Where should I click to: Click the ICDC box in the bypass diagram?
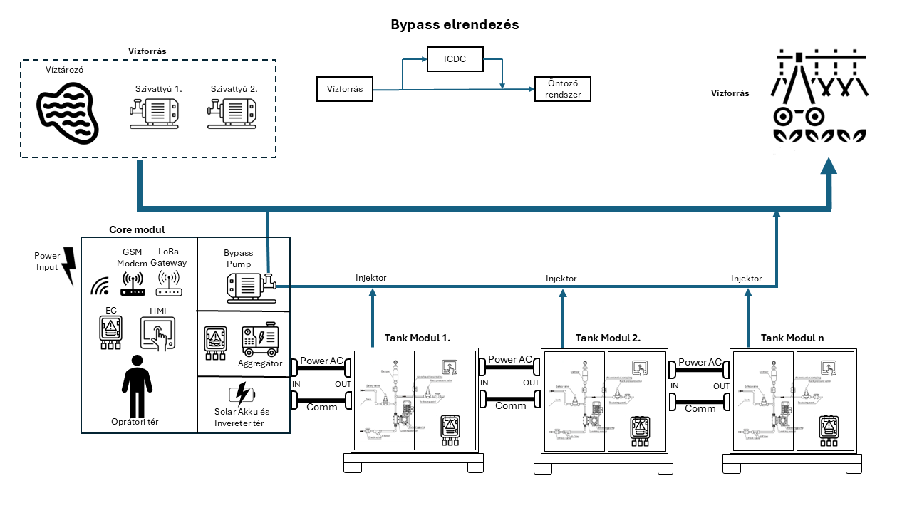(455, 58)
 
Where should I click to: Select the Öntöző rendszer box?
(562, 89)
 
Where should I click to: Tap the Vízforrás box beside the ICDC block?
(345, 89)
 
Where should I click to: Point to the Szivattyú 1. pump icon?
(155, 113)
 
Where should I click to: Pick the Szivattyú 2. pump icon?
(232, 113)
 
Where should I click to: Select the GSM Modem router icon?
(133, 284)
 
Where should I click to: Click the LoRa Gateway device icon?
(168, 282)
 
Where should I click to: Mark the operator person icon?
(137, 384)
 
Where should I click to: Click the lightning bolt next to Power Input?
(68, 266)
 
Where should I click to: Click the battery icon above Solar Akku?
(241, 393)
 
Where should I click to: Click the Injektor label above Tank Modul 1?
(370, 278)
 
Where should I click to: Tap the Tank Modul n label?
(792, 338)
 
